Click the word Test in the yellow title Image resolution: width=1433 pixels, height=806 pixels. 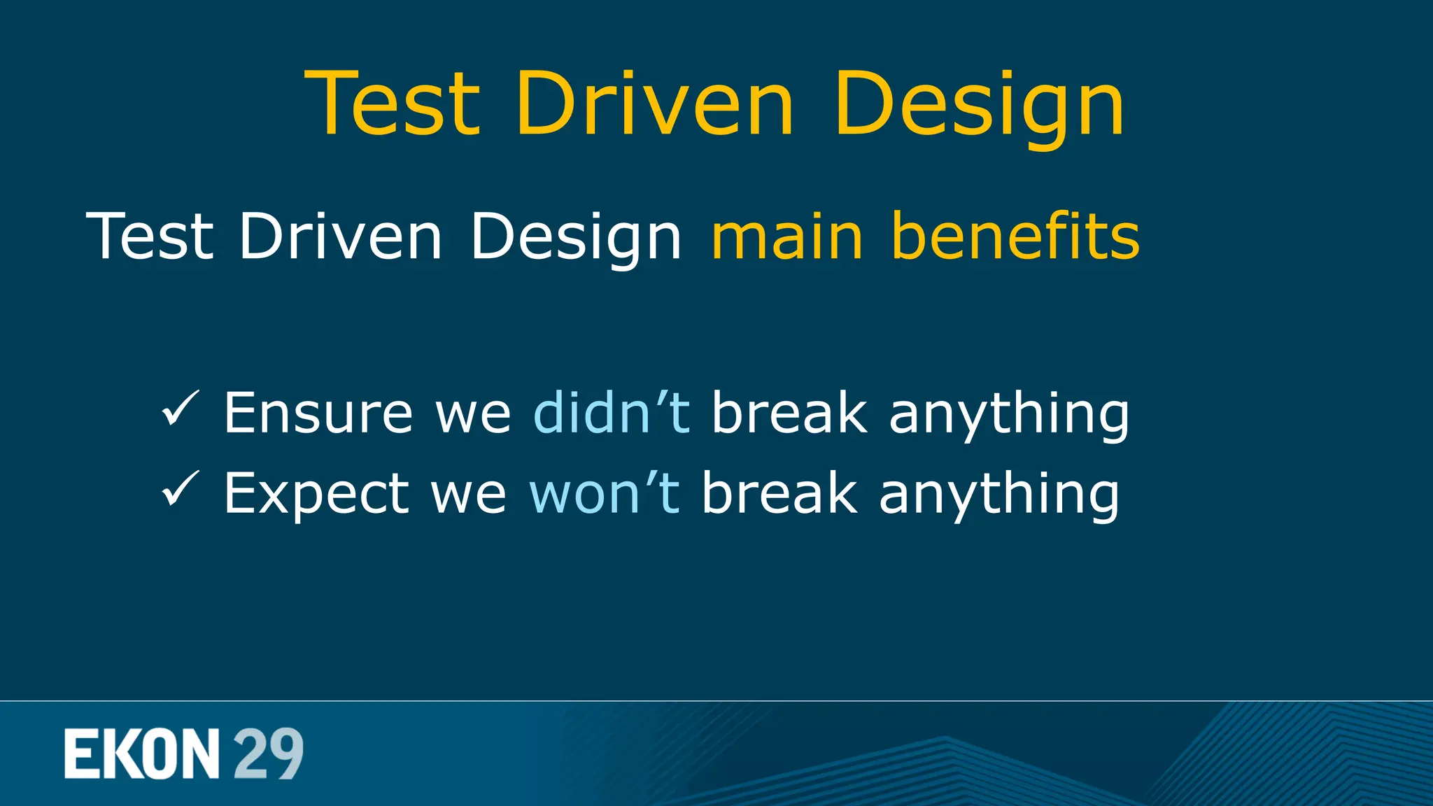point(393,103)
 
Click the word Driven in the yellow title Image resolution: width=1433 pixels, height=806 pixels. point(655,103)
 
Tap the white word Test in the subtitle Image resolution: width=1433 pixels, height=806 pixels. point(150,236)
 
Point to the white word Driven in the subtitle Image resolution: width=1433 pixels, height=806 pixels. point(341,236)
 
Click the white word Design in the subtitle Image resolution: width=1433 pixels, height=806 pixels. point(575,238)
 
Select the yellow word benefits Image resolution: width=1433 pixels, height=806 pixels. point(1015,236)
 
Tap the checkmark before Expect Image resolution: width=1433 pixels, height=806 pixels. point(181,489)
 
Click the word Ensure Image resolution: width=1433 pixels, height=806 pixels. point(318,413)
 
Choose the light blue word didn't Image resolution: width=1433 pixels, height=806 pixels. point(612,413)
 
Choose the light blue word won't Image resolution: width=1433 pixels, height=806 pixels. point(604,493)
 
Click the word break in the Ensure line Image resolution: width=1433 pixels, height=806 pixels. point(789,413)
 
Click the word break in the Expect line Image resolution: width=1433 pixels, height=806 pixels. point(779,493)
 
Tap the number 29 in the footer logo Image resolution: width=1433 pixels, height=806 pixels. point(268,754)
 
